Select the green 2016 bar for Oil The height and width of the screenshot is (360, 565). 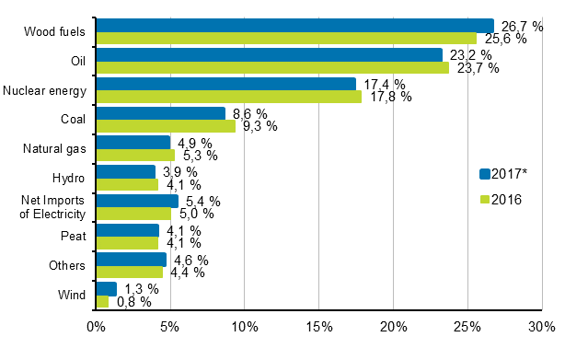point(272,67)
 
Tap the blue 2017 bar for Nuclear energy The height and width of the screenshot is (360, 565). point(225,84)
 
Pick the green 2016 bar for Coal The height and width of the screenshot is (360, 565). point(166,126)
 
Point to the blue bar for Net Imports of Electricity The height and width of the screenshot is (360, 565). point(137,201)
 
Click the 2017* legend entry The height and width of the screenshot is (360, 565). point(504,173)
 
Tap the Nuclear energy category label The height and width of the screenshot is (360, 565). point(44,89)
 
